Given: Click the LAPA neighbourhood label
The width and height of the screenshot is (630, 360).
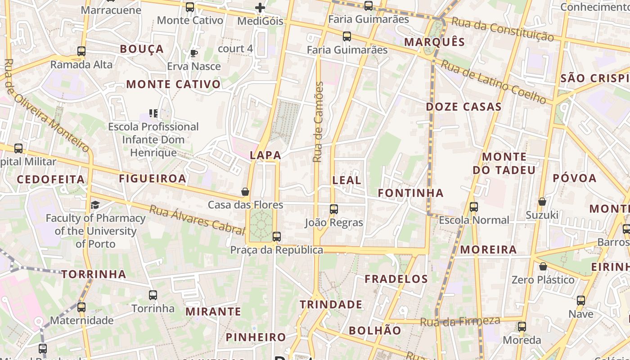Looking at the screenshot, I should tap(265, 155).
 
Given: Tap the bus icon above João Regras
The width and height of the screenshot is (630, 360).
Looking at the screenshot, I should tap(333, 209).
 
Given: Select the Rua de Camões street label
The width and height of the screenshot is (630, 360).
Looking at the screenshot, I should tap(318, 122).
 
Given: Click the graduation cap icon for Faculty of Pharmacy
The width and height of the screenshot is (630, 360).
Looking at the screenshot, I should tap(95, 205).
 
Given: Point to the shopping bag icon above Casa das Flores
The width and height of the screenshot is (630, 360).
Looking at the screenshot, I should tap(245, 192).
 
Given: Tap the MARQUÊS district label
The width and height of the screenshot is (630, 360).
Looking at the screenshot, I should tap(434, 42).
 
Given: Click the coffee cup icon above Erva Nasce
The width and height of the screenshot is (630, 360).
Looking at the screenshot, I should tap(193, 54).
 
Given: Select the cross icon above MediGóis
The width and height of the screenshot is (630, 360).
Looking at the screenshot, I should tap(260, 8).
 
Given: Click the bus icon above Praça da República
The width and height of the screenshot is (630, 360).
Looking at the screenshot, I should tap(276, 237).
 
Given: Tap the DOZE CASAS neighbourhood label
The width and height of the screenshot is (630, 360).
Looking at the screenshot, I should tap(463, 107).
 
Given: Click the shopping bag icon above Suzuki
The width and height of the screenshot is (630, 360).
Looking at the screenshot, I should tap(542, 202).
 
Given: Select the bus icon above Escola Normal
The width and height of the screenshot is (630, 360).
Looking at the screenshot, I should tap(474, 207).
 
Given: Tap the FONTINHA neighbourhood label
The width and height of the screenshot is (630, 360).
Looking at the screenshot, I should tap(410, 193).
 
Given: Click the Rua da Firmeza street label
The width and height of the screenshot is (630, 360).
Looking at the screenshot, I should tap(460, 322).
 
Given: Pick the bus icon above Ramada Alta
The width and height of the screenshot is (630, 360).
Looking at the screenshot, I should tap(81, 51).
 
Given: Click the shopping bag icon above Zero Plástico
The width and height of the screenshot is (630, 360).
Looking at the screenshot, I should tap(543, 266).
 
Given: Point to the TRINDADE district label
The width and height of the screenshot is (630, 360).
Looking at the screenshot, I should tap(331, 305).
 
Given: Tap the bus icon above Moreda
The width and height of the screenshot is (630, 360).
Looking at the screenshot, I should tap(522, 327).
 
